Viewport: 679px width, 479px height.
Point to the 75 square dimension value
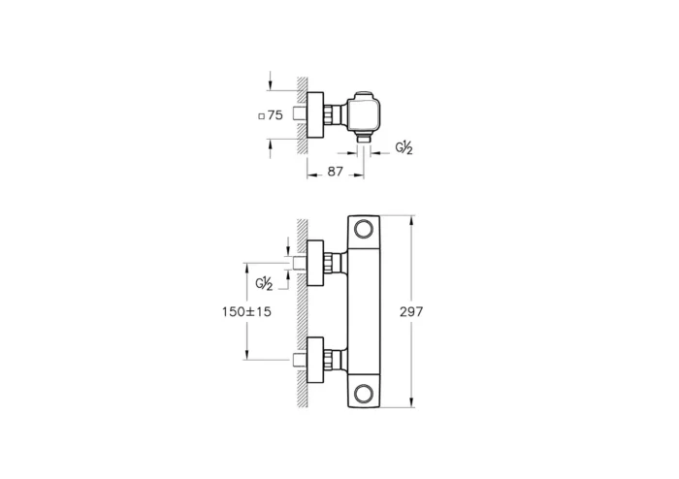pyautogui.click(x=275, y=114)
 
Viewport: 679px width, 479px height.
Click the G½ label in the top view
pyautogui.click(x=404, y=147)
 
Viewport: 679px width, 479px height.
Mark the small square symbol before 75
pyautogui.click(x=261, y=115)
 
